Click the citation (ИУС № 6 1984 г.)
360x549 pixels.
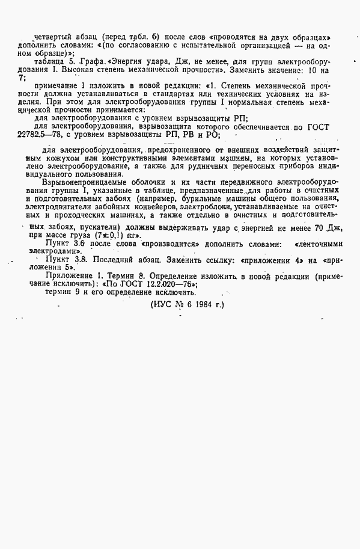[x=186, y=305]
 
